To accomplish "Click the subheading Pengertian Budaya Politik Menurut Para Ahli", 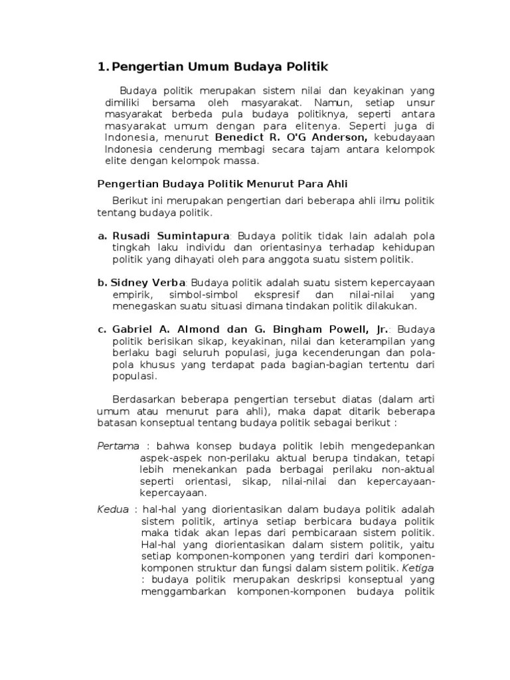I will coord(222,183).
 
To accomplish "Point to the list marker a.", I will coord(102,235).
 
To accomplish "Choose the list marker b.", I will coord(102,282).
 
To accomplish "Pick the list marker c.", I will coord(102,329).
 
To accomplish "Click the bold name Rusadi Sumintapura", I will coord(171,235).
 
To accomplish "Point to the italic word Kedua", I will coord(113,509).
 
